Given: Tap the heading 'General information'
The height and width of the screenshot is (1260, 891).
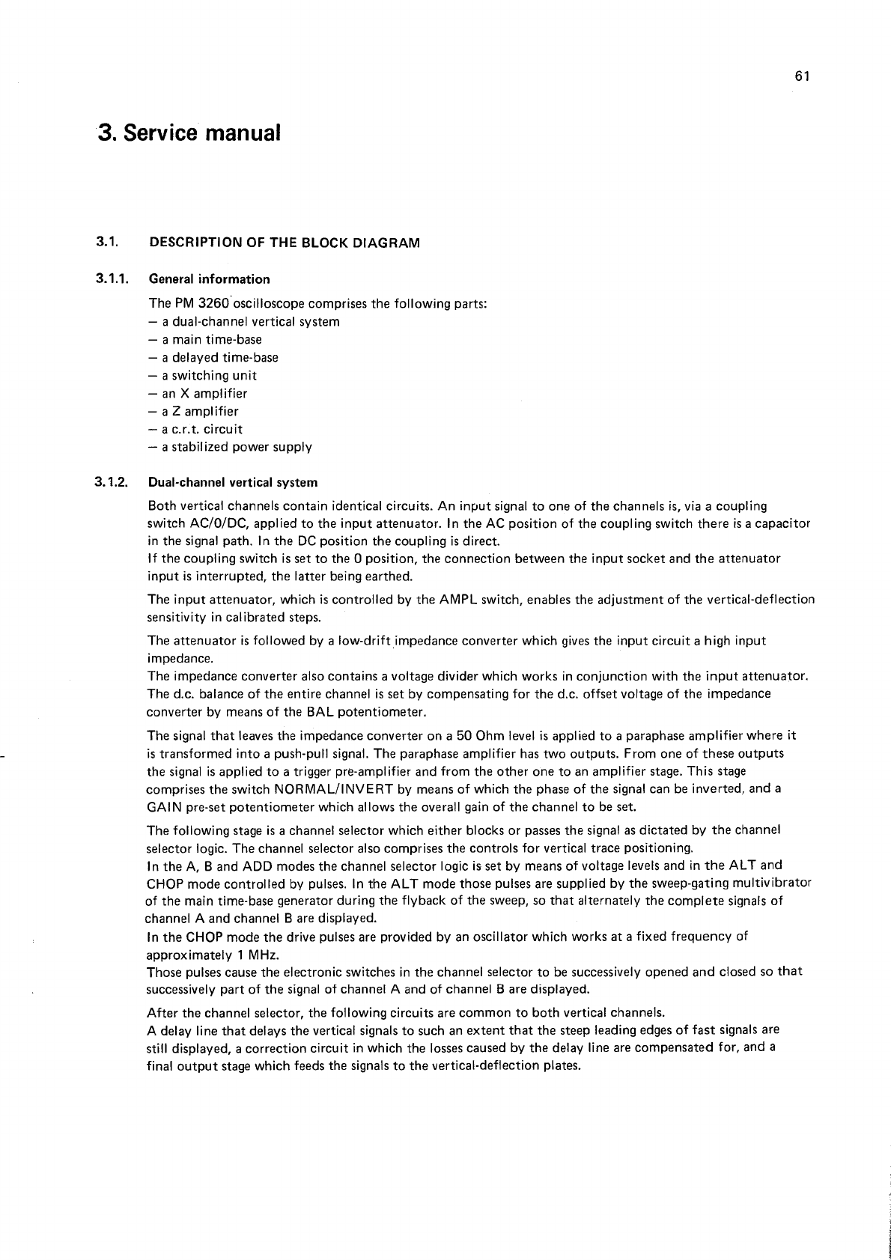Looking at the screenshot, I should (210, 279).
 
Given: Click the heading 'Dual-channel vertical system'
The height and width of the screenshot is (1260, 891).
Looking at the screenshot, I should (233, 483).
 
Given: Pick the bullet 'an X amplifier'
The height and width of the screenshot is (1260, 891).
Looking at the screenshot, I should (198, 394).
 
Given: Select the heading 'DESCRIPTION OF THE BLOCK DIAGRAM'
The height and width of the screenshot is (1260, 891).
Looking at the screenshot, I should (285, 243).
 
